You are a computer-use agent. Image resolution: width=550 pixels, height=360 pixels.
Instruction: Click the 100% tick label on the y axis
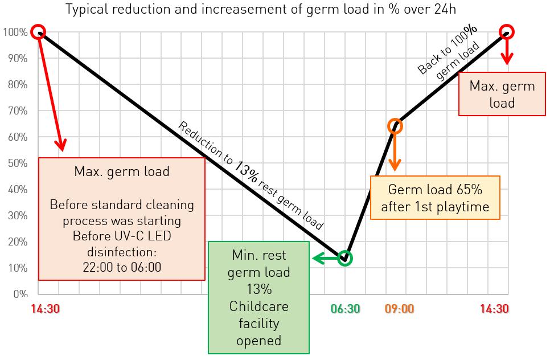(x=15, y=32)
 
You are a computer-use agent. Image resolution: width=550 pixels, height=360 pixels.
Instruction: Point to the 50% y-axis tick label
(x=17, y=163)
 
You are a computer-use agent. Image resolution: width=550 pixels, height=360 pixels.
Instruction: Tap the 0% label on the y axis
(x=20, y=294)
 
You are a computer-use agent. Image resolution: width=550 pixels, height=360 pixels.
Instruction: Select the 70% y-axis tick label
(x=17, y=111)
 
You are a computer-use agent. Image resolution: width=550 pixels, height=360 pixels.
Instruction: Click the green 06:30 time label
(x=345, y=309)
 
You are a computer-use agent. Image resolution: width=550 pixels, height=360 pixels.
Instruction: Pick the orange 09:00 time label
(x=399, y=309)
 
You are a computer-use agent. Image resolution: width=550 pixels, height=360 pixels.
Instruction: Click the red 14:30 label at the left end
(x=46, y=309)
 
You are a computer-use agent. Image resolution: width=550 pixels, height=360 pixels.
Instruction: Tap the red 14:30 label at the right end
(x=494, y=309)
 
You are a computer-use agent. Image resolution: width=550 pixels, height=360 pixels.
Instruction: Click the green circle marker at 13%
(x=344, y=258)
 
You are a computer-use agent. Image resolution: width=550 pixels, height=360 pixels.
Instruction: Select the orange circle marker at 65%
(x=396, y=126)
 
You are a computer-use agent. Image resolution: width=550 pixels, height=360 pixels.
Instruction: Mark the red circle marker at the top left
(x=38, y=32)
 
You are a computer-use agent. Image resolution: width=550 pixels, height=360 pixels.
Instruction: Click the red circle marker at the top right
(x=507, y=32)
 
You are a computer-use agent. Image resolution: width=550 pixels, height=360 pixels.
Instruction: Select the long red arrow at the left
(x=51, y=91)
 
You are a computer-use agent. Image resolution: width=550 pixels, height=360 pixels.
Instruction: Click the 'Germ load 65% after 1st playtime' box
(x=435, y=198)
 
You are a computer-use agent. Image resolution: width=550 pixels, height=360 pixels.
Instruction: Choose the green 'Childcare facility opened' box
(x=258, y=297)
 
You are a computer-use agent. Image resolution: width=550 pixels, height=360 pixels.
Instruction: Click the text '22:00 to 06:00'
(x=122, y=267)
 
